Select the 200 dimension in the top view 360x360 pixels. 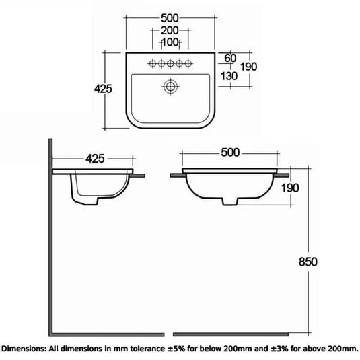pyautogui.click(x=170, y=31)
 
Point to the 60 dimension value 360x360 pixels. pyautogui.click(x=230, y=58)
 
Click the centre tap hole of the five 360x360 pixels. pyautogui.click(x=170, y=63)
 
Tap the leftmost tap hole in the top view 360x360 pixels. pyautogui.click(x=151, y=63)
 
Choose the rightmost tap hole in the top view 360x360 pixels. pyautogui.click(x=189, y=63)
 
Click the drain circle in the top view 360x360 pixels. pyautogui.click(x=170, y=86)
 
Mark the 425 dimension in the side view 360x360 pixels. pyautogui.click(x=94, y=159)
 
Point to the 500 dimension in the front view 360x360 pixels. pyautogui.click(x=231, y=152)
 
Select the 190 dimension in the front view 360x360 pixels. pyautogui.click(x=290, y=188)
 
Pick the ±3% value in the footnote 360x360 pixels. pyautogui.click(x=291, y=349)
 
